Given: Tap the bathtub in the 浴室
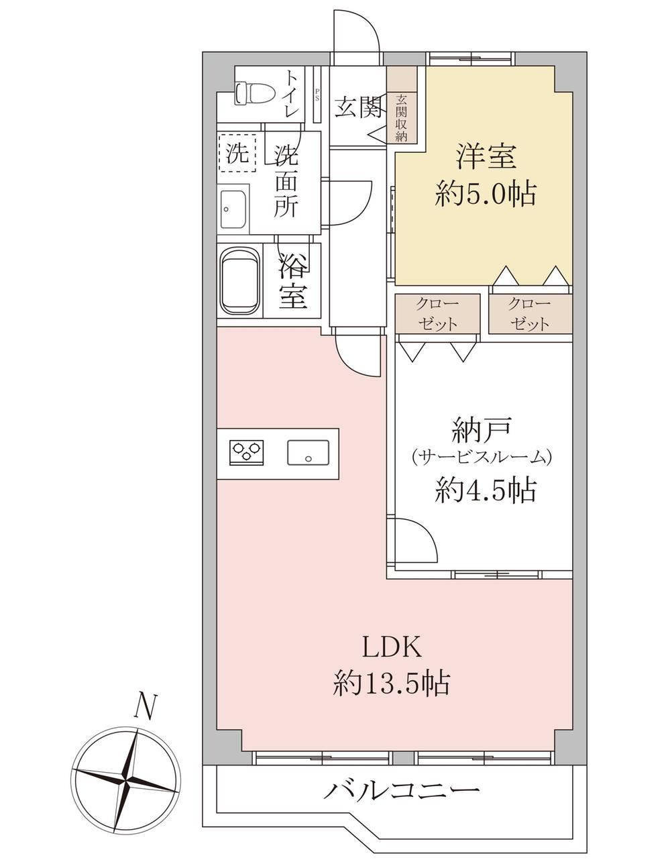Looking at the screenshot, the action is click(x=241, y=281).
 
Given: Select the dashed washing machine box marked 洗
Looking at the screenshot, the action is click(x=237, y=153).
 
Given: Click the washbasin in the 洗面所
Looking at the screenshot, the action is click(x=233, y=209).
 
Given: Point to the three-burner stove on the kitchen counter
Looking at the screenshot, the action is click(x=247, y=453).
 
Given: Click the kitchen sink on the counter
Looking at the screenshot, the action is click(x=309, y=453).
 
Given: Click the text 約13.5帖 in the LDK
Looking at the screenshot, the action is click(x=392, y=683).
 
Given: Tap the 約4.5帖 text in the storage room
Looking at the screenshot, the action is click(x=486, y=490).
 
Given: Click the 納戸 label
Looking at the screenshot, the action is click(x=482, y=430).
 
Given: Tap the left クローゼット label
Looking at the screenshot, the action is click(x=438, y=314).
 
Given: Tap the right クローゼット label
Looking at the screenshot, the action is click(x=531, y=314).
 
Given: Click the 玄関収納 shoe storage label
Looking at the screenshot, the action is click(x=401, y=118).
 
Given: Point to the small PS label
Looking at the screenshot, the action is click(x=317, y=95).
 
